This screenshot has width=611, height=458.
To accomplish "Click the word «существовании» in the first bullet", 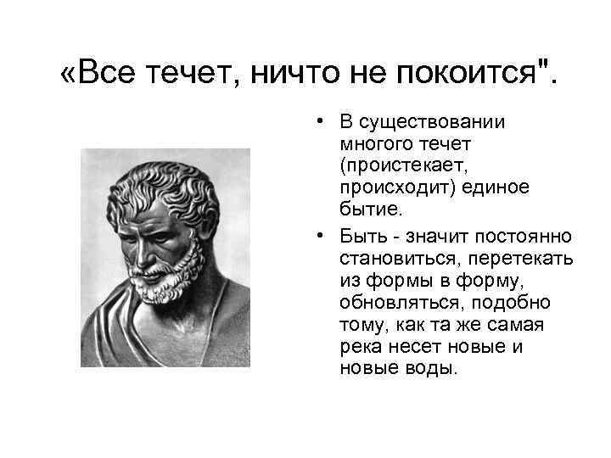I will [x=431, y=122].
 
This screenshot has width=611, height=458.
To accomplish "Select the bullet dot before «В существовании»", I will [x=314, y=122].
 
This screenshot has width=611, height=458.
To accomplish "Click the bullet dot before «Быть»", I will [x=314, y=235].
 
